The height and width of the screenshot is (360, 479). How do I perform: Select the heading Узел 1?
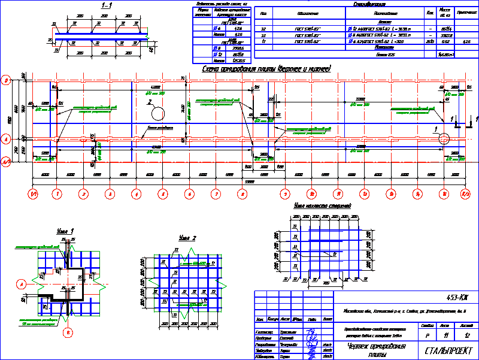[65, 231]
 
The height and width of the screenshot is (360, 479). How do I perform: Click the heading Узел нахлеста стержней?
[322, 206]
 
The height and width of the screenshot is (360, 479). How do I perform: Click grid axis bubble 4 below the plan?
[137, 194]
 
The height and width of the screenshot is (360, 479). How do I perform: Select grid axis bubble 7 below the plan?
[216, 194]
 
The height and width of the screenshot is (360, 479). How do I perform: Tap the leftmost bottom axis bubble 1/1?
[34, 194]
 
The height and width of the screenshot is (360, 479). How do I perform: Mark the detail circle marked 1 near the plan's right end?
[444, 138]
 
